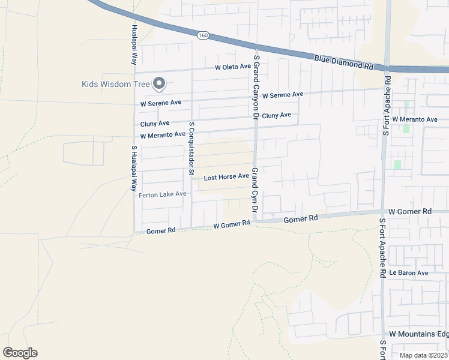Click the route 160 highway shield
click(203, 36)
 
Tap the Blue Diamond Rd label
click(343, 62)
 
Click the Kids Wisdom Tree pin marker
click(159, 84)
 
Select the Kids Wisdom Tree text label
click(115, 84)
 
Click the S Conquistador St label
click(191, 149)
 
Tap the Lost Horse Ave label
click(226, 177)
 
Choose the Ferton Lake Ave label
click(163, 194)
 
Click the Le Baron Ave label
click(408, 273)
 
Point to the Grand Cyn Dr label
click(255, 192)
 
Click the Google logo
click(20, 353)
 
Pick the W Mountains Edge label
click(418, 334)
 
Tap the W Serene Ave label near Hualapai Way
click(161, 104)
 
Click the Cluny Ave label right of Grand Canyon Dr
click(277, 115)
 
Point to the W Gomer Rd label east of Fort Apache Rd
click(410, 212)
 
